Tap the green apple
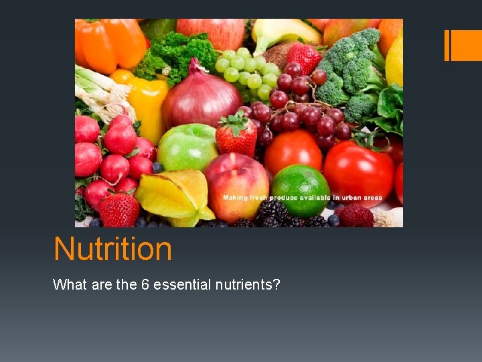coord(187,147)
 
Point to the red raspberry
coord(355,215)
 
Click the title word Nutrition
coord(112,249)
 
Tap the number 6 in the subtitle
coord(144,284)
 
